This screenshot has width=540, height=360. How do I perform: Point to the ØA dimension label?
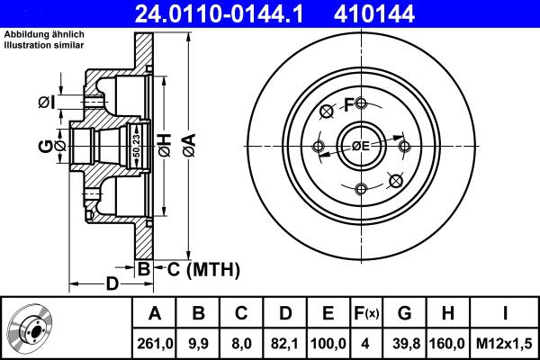pyautogui.click(x=188, y=144)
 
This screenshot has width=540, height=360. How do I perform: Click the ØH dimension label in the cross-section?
pyautogui.click(x=165, y=144)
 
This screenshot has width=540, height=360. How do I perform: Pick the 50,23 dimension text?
pyautogui.click(x=136, y=144)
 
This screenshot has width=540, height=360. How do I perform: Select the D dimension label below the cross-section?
pyautogui.click(x=112, y=285)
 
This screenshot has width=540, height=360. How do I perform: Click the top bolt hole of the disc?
pyautogui.click(x=361, y=103)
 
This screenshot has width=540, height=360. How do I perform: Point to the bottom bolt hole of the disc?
pyautogui.click(x=361, y=188)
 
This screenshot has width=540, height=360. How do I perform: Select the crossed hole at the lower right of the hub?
pyautogui.click(x=393, y=181)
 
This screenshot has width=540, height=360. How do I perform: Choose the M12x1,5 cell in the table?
pyautogui.click(x=507, y=343)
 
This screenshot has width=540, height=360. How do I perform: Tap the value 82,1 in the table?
pyautogui.click(x=285, y=343)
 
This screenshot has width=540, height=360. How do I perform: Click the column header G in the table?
pyautogui.click(x=404, y=313)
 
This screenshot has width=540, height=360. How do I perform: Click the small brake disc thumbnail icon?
pyautogui.click(x=33, y=328)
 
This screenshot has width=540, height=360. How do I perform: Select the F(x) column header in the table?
pyautogui.click(x=365, y=313)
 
